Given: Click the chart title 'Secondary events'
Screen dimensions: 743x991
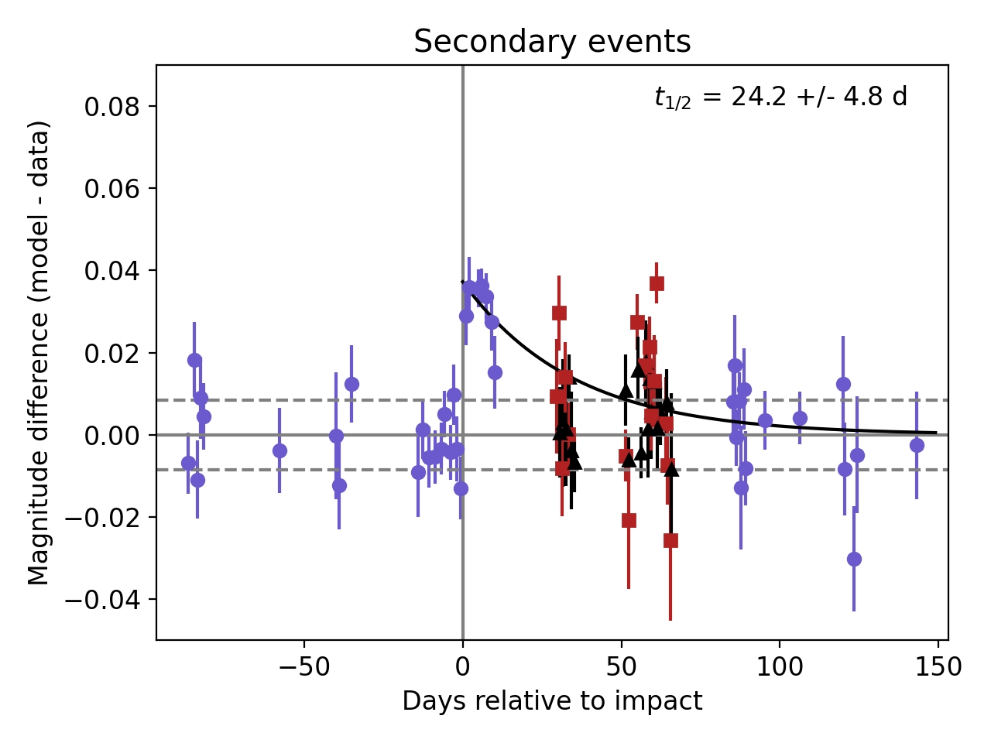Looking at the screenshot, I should [x=552, y=42].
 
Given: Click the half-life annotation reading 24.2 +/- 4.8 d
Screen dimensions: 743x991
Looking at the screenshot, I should [x=780, y=98].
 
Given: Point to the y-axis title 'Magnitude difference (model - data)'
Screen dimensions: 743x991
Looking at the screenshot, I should [x=39, y=352].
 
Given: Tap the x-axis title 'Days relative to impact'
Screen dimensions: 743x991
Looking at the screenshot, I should [x=552, y=701].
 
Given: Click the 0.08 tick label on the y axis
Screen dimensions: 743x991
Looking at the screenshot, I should [x=111, y=107].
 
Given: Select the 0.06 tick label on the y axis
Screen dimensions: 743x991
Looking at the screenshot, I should [x=111, y=189].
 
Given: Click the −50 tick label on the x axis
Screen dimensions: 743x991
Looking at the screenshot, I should [x=303, y=666].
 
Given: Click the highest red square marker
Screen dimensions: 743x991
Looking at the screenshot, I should [x=657, y=283].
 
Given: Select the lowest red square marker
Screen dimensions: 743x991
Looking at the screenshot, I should [x=670, y=540].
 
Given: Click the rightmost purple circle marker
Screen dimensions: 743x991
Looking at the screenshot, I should [x=917, y=445].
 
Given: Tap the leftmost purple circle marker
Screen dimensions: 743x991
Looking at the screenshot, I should [x=188, y=463].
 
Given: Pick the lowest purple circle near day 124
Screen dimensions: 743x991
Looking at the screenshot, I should [x=854, y=559].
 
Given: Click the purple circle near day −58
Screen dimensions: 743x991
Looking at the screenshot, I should [x=279, y=450].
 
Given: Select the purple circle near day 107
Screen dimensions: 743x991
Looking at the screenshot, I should [x=800, y=419].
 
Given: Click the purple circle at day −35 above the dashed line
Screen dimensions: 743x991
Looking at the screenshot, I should [x=351, y=384].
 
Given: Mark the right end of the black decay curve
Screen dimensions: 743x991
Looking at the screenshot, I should [x=936, y=433].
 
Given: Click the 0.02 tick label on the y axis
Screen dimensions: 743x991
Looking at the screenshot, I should [x=111, y=354].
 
